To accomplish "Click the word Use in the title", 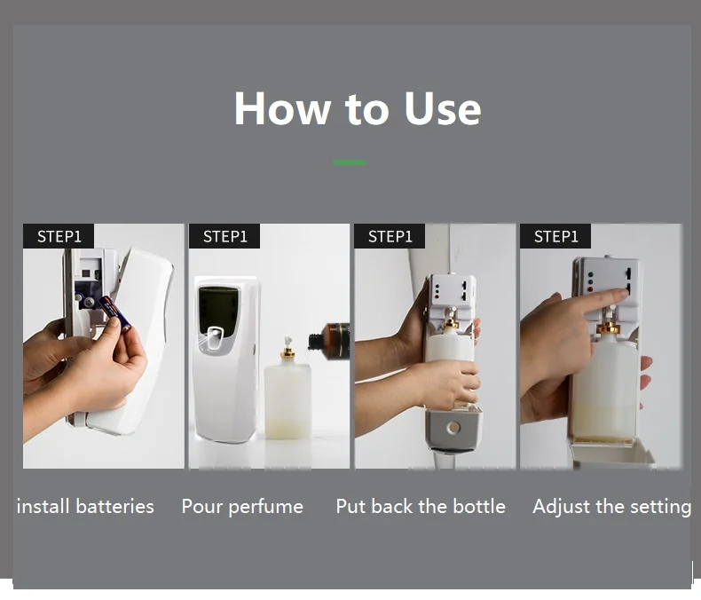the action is click(x=442, y=108).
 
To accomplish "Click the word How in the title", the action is click(x=282, y=108).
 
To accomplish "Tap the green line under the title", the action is click(x=350, y=162).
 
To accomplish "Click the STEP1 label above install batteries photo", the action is click(x=59, y=236).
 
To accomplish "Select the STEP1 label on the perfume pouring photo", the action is click(x=224, y=236).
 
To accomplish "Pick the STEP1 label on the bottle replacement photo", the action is click(x=390, y=236).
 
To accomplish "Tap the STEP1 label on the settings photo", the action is click(x=555, y=236).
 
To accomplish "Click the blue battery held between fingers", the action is click(x=114, y=312).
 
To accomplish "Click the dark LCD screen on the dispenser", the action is click(x=218, y=310).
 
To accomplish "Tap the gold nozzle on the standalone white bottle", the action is click(x=287, y=352).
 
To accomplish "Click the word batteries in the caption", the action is click(x=114, y=507).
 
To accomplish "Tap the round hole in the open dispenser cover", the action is click(x=453, y=428).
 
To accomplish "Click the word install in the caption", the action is click(x=43, y=507).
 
